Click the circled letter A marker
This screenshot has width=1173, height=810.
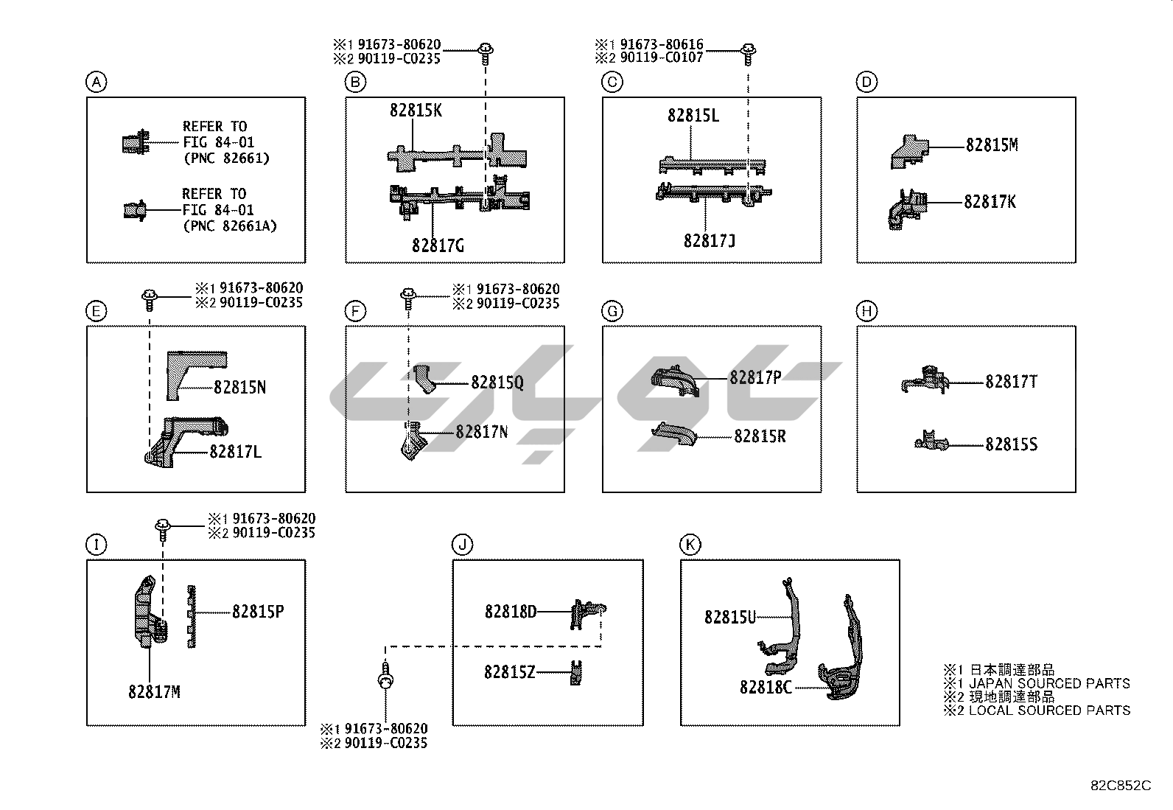[x=96, y=82]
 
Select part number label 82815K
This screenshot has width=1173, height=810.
[x=416, y=111]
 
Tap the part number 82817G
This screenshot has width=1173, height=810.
[x=438, y=245]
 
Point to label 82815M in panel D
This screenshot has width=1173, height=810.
[x=992, y=145]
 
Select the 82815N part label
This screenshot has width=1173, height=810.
[x=239, y=387]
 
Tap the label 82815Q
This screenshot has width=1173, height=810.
[x=497, y=383]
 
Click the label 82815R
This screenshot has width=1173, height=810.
[x=760, y=436]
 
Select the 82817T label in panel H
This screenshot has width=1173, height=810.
[x=1011, y=382]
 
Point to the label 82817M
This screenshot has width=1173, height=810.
[x=153, y=692]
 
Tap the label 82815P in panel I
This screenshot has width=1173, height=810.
[x=258, y=612]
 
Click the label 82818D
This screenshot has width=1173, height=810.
[x=511, y=612]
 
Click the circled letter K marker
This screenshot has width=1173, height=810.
[x=690, y=545]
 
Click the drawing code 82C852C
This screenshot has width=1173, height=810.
[x=1120, y=786]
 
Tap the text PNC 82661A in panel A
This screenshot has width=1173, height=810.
[x=230, y=226]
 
